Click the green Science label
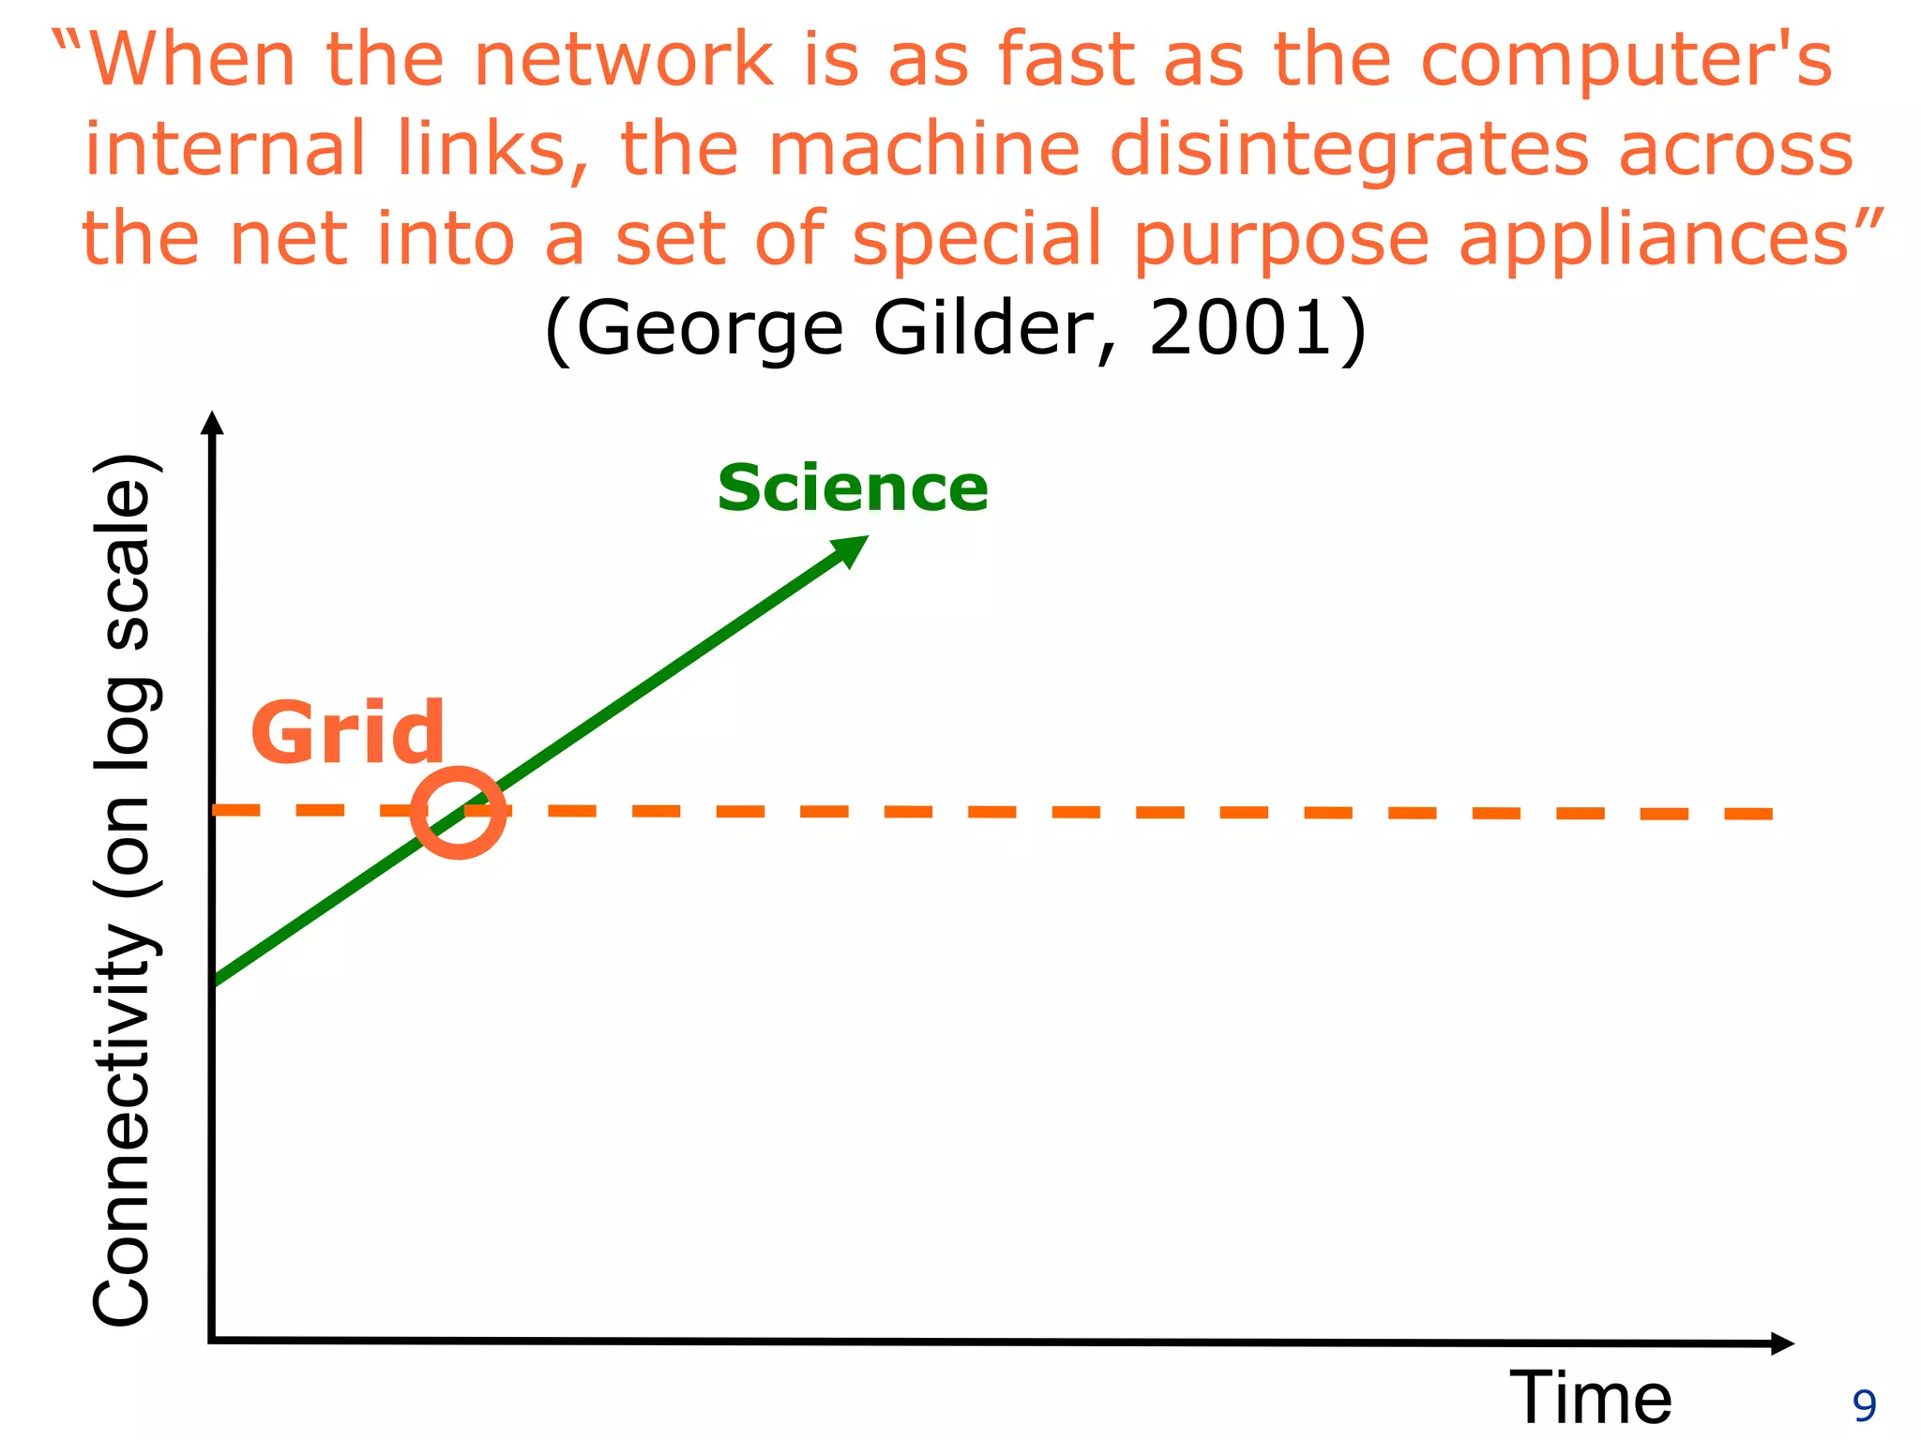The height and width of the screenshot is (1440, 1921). tap(853, 488)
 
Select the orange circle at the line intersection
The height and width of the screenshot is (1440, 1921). tap(459, 812)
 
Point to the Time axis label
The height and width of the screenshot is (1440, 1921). tap(1591, 1398)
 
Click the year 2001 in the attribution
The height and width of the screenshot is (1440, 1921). tap(1240, 328)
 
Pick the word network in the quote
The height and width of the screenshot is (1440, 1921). tap(624, 60)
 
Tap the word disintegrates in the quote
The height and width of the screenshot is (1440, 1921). tap(1349, 150)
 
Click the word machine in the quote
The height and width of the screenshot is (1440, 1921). tap(924, 150)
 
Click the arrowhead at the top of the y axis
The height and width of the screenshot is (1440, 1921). tap(213, 424)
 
